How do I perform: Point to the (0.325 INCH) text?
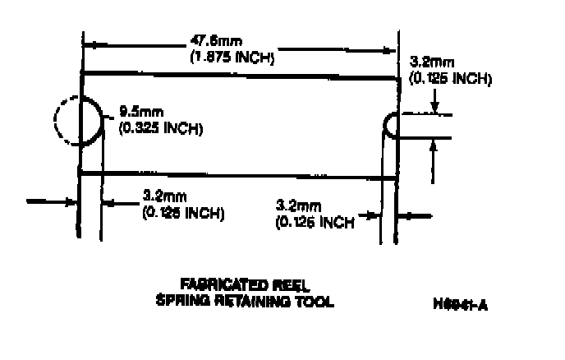[x=161, y=128]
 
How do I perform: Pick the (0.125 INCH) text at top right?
[x=451, y=79]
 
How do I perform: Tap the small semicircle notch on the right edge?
[x=393, y=125]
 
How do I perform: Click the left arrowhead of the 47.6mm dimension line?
[x=90, y=43]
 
